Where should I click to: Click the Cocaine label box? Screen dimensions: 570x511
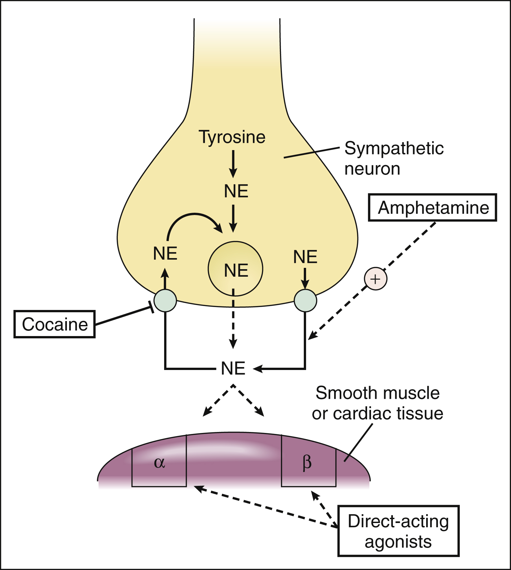[x=54, y=324]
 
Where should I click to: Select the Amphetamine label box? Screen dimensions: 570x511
[x=433, y=208]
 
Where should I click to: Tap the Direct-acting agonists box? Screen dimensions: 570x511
[x=398, y=531]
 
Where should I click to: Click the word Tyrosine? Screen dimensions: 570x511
[x=232, y=137]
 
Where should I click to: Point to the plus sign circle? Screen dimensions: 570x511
[x=376, y=279]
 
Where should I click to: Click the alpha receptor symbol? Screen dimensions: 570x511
[x=159, y=462]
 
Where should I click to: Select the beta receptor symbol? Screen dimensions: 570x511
[x=307, y=463]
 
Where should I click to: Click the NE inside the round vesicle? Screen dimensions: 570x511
[x=236, y=270]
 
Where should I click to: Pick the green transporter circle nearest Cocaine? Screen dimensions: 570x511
[x=165, y=300]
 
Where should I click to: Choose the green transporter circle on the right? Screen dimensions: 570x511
[x=305, y=300]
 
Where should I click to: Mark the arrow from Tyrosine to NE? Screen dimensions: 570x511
[x=233, y=164]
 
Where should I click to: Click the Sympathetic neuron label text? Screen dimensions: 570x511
[x=394, y=158]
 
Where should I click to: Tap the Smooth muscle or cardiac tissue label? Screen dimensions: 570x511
[x=377, y=403]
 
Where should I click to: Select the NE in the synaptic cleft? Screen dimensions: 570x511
[x=233, y=368]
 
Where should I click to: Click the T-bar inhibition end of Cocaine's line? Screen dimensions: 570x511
[x=151, y=307]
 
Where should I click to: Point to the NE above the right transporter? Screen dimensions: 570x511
[x=305, y=257]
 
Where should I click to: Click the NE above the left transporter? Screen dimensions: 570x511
[x=165, y=254]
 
